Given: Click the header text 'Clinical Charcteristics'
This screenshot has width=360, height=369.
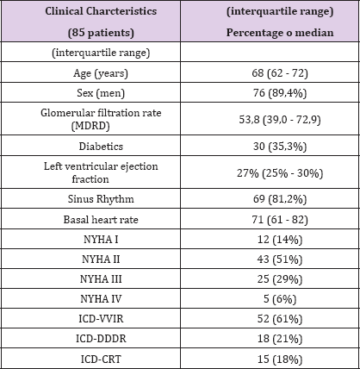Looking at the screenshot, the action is [x=101, y=11].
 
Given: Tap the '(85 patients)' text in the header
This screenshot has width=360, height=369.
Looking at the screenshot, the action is [x=101, y=33].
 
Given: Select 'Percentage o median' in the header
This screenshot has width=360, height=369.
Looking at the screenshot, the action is [x=280, y=33].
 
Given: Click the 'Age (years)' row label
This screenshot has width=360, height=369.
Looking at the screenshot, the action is [x=101, y=73].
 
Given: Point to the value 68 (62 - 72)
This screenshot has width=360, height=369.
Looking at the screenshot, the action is [x=280, y=73].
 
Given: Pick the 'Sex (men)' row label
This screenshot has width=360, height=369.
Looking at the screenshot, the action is [x=101, y=93].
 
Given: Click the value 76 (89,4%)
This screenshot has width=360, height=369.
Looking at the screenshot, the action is [x=280, y=93].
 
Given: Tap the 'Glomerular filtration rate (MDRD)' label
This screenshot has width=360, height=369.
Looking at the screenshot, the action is [x=101, y=119].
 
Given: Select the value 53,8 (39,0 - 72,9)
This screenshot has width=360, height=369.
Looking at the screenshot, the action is [x=280, y=119].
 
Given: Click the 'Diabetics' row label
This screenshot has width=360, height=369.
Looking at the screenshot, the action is [x=101, y=147].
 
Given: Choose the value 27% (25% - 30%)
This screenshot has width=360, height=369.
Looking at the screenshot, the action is [x=280, y=173].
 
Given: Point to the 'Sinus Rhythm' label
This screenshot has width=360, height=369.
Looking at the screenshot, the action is [x=101, y=199].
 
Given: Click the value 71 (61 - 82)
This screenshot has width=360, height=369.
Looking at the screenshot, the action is [x=280, y=220].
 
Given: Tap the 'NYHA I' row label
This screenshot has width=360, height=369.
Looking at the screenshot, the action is [x=101, y=240].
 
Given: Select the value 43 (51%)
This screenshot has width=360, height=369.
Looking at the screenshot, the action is [x=280, y=260].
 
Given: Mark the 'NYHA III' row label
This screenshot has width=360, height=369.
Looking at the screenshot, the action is [x=101, y=279].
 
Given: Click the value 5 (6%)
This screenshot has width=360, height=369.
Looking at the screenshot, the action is [x=280, y=299].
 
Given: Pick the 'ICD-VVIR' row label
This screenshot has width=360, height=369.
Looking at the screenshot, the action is [x=101, y=319].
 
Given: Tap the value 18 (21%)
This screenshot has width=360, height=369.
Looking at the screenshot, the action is [x=280, y=339].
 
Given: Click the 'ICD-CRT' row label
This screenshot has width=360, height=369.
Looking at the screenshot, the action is [x=101, y=360].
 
